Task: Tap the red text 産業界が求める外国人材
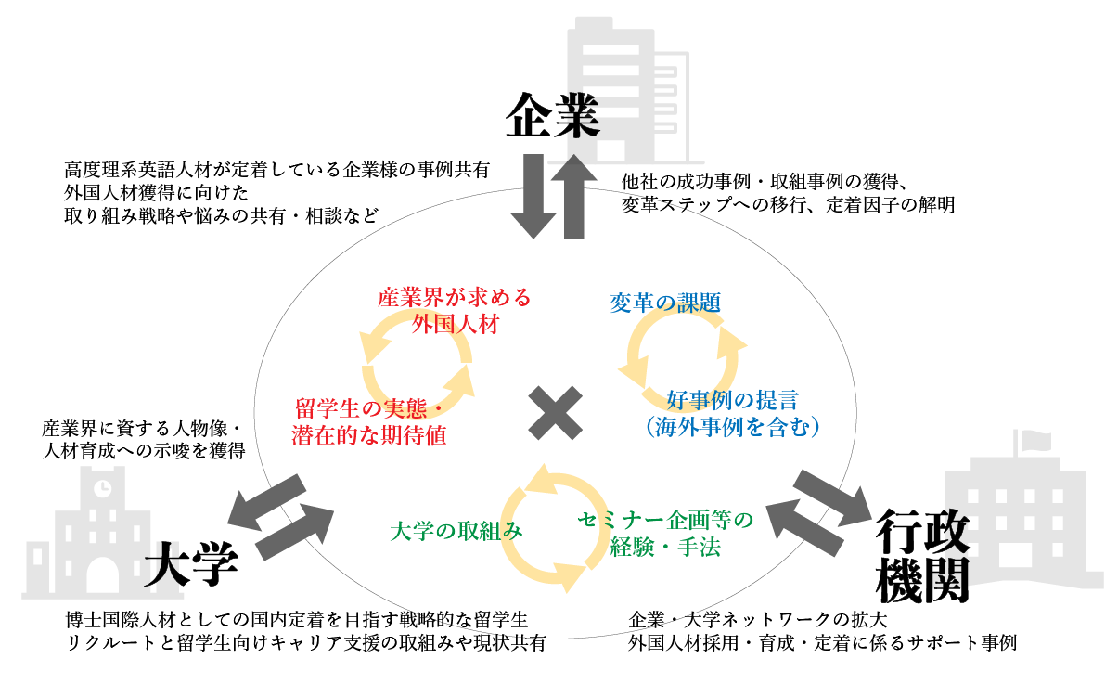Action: click(x=455, y=311)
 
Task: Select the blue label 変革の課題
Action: click(x=665, y=303)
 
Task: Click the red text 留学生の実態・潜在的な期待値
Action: click(x=368, y=422)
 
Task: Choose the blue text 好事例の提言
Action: click(x=732, y=400)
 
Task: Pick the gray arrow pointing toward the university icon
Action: click(x=267, y=498)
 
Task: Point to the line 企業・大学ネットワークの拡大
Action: click(x=760, y=619)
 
